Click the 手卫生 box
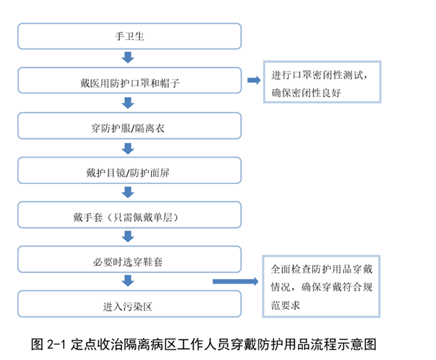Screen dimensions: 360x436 point(130,36)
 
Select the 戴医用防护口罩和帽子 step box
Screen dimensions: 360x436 point(130,81)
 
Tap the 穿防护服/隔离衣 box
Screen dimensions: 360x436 point(130,126)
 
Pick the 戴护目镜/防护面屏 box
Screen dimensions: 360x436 point(130,171)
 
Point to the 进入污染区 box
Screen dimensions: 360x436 point(130,303)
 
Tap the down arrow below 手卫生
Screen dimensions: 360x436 point(128,58)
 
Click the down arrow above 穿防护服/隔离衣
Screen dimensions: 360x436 point(128,103)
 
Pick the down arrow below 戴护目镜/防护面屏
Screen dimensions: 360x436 point(128,193)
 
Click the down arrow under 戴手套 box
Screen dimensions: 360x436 point(128,237)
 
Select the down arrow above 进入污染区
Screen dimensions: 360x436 point(128,281)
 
